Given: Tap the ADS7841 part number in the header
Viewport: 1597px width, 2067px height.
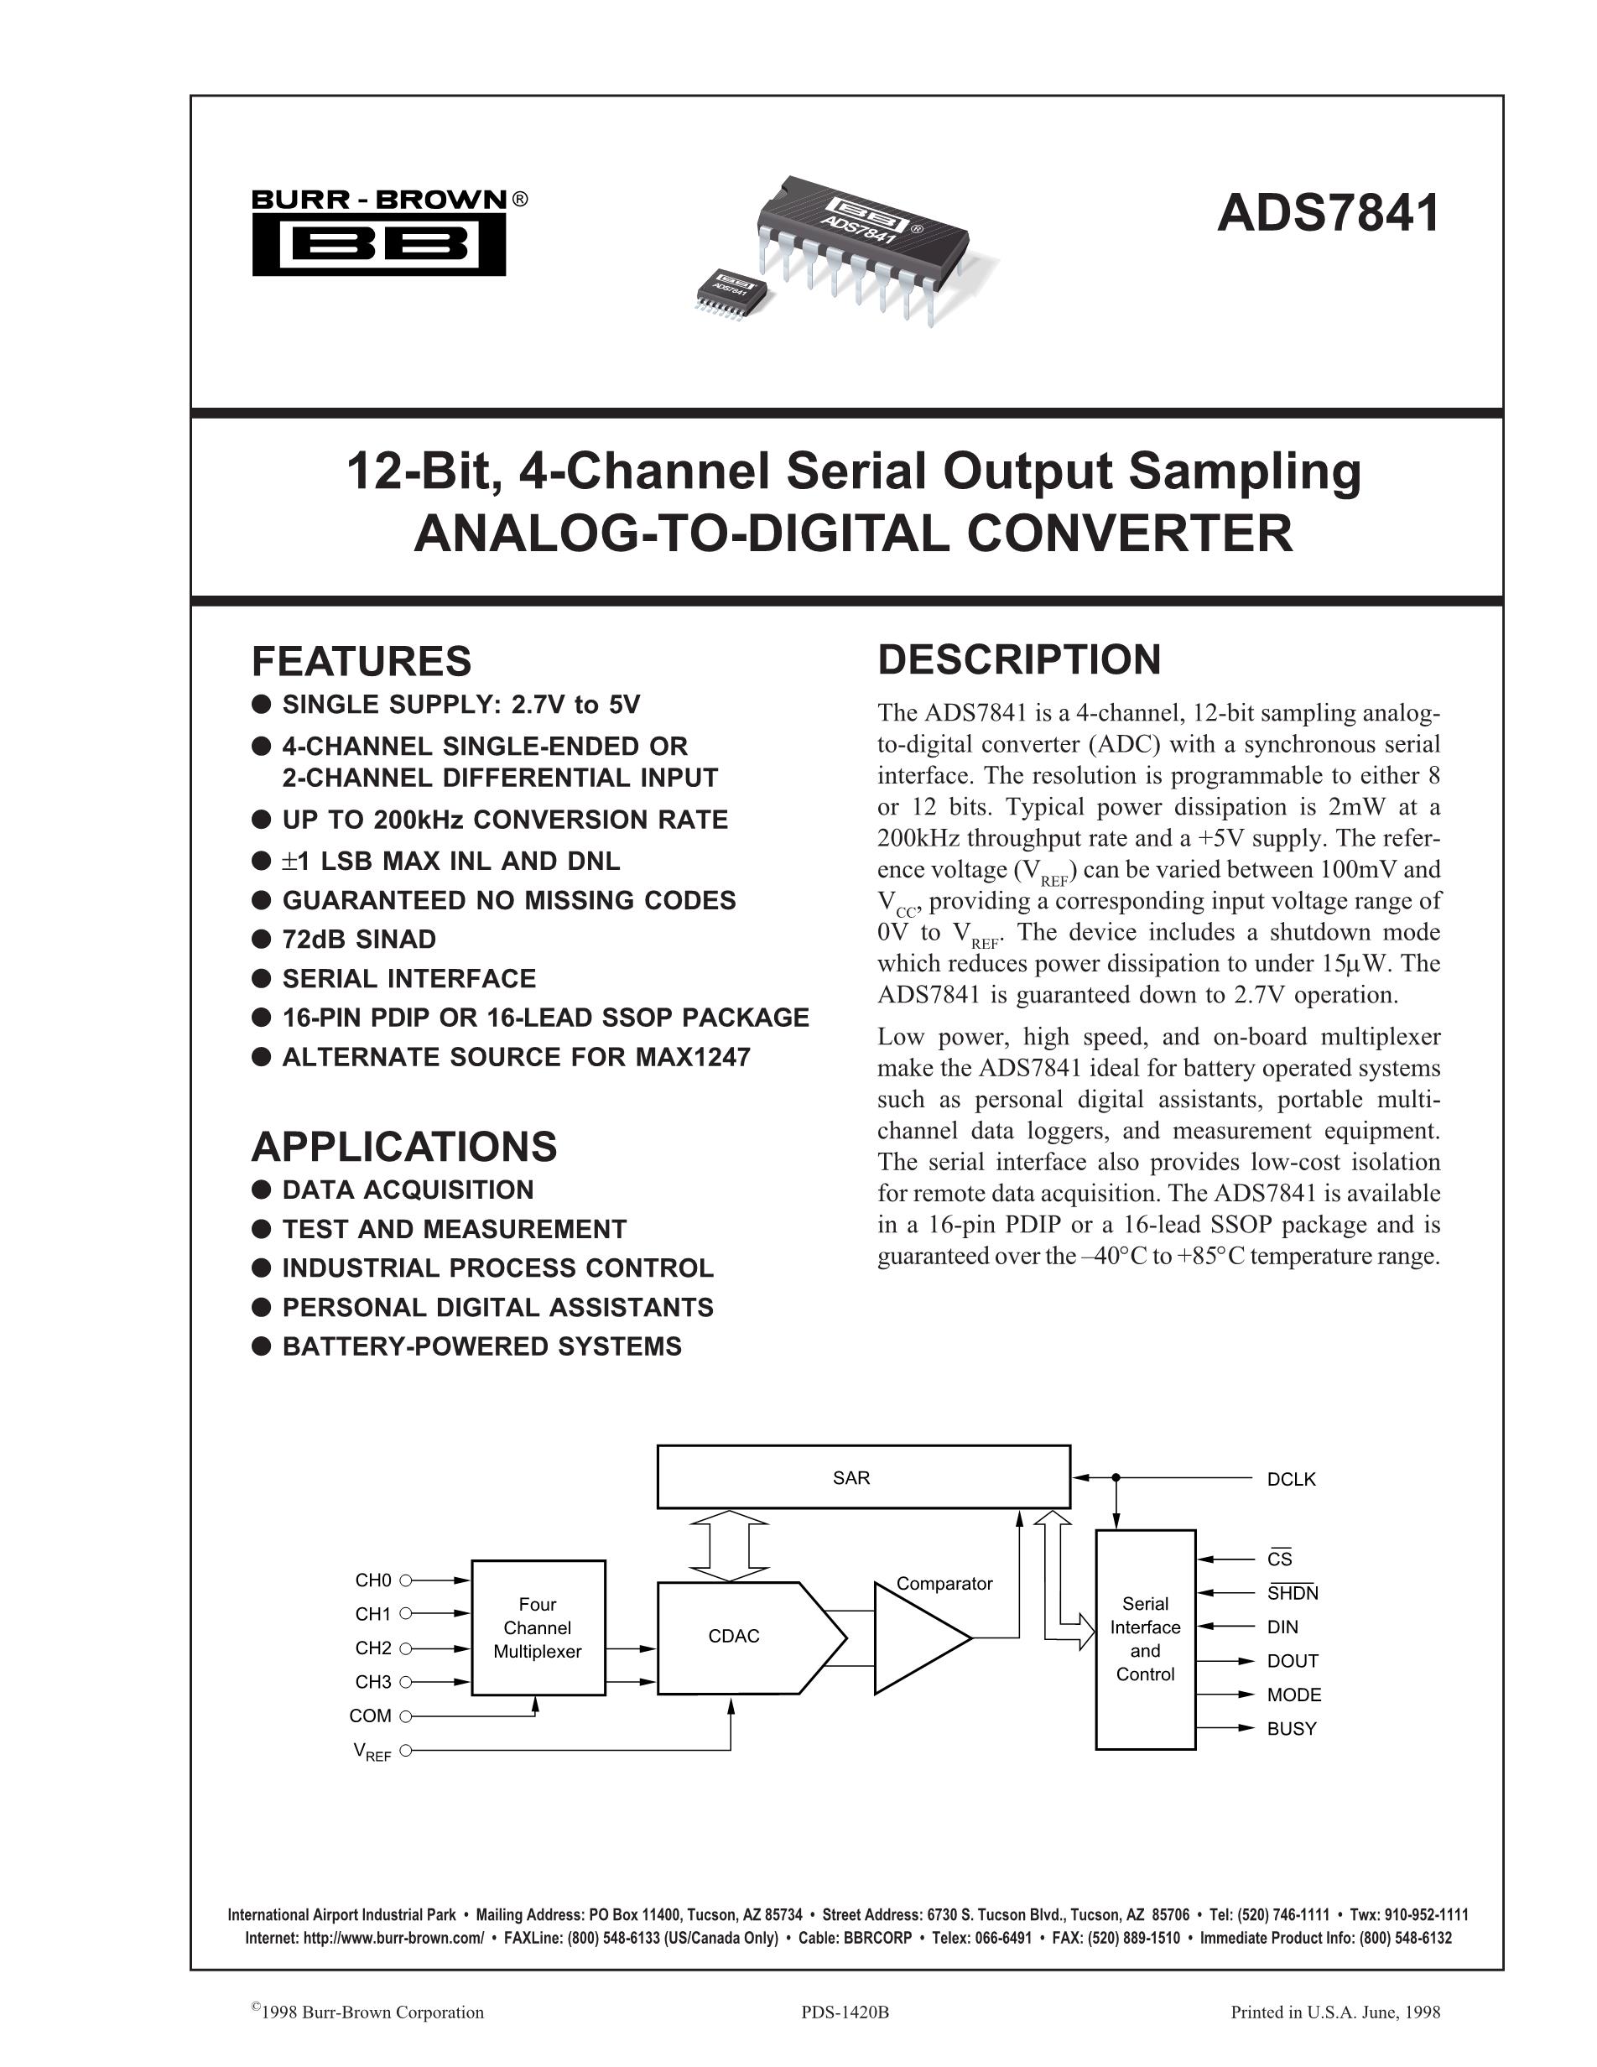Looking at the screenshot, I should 1328,213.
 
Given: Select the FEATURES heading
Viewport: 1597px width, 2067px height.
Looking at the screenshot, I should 362,660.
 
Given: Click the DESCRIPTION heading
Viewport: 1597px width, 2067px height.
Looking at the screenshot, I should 1019,659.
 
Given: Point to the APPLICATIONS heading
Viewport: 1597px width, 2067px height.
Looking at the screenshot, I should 404,1146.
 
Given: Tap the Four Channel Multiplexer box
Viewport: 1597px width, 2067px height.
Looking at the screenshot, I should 538,1628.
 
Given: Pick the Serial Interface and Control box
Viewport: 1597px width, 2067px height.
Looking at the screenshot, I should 1145,1638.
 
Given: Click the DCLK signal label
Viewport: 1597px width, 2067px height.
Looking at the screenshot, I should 1291,1479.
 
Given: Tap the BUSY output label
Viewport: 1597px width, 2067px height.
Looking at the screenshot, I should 1292,1728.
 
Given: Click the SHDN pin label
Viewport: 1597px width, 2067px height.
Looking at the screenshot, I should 1293,1593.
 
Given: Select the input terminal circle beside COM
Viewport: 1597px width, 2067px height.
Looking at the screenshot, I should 406,1716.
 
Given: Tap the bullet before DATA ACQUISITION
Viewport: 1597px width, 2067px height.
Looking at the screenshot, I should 261,1190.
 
